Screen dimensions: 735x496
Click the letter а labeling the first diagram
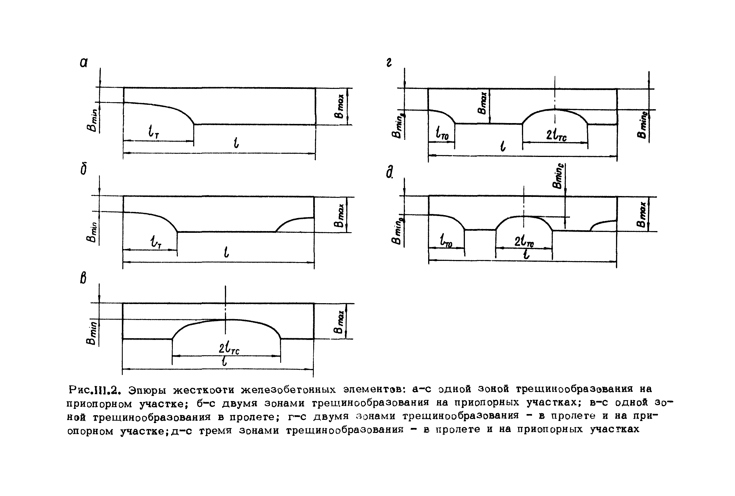point(83,63)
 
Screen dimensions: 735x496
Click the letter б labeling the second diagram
point(83,170)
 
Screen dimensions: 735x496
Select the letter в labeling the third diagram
point(83,278)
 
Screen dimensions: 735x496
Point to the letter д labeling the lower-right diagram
point(390,172)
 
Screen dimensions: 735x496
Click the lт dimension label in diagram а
point(153,131)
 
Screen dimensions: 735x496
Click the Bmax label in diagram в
point(339,322)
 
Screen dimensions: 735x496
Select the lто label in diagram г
point(441,133)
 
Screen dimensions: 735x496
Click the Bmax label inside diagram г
point(483,103)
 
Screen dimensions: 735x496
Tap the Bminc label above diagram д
point(558,176)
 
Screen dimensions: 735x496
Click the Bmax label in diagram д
point(642,215)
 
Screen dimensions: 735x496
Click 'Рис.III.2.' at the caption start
point(95,390)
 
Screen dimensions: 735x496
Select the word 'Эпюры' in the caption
point(147,390)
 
